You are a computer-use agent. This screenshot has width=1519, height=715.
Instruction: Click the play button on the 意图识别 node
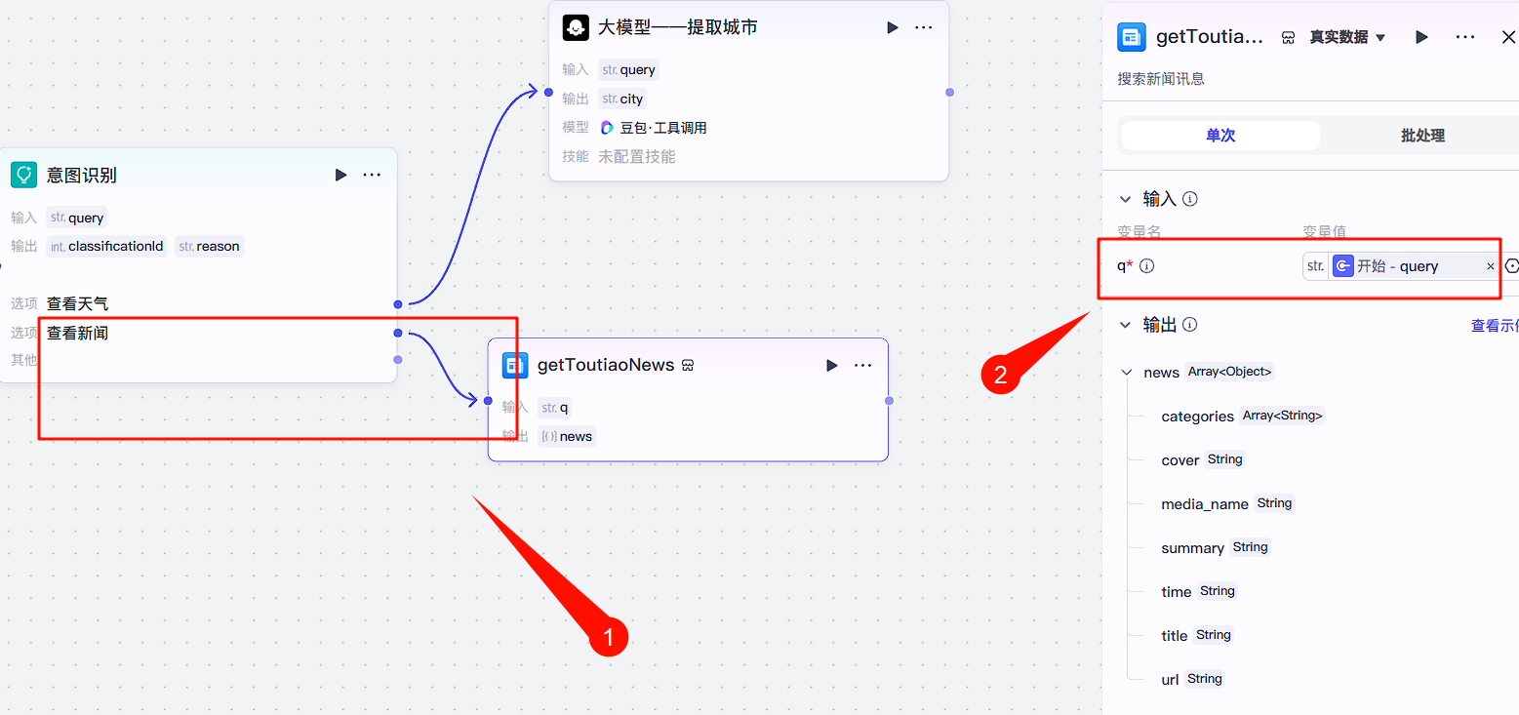pos(340,176)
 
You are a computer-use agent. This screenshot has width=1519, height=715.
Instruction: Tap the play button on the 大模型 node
pos(892,27)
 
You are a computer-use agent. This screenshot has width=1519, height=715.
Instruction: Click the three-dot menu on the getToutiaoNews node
pos(862,366)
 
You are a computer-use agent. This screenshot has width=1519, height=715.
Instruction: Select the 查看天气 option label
pos(77,304)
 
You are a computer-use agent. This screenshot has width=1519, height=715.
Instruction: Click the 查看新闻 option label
pos(77,334)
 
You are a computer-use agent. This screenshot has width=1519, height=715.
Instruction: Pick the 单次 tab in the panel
pos(1220,136)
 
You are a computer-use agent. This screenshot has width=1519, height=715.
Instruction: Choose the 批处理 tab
pos(1421,136)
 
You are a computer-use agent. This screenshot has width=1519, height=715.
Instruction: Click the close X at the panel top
pos(1508,37)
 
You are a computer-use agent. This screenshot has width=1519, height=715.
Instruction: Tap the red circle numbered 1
pos(609,638)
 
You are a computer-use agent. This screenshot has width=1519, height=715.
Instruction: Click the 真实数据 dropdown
pos(1347,37)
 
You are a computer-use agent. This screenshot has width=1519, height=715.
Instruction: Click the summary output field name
pos(1192,548)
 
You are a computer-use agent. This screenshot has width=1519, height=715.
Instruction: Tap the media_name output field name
pos(1204,504)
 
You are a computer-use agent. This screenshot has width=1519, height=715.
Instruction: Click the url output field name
pos(1170,680)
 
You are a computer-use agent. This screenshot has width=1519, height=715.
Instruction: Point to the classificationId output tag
pos(106,246)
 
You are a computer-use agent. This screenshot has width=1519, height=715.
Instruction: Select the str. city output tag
pos(622,99)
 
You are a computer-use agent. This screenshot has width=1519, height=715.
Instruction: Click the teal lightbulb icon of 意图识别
pos(23,176)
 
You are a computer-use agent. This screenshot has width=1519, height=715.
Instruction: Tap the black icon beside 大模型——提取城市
pos(576,27)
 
